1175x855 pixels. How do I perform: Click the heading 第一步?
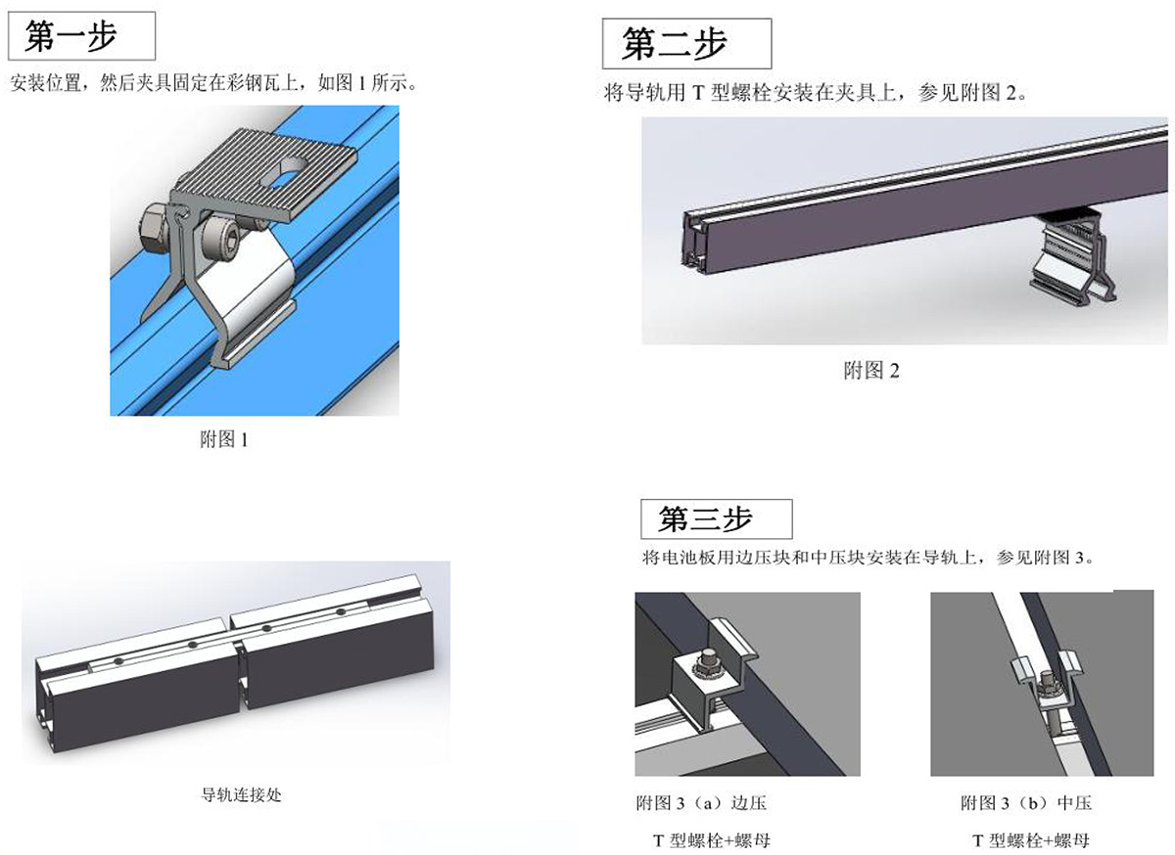click(x=70, y=36)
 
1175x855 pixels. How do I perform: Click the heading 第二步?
click(x=675, y=43)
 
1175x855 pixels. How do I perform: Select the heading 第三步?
click(x=706, y=519)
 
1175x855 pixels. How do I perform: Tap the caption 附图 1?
click(x=224, y=439)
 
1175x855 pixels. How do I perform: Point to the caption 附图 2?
click(x=871, y=371)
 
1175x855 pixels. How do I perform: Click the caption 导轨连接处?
click(x=242, y=794)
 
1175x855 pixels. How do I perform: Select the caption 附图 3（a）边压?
click(x=701, y=803)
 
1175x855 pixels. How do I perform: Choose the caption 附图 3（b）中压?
click(x=1026, y=803)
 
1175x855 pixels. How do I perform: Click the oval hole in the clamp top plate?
click(x=284, y=171)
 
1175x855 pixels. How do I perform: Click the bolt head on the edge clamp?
click(x=709, y=659)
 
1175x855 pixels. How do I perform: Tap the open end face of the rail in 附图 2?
click(x=696, y=243)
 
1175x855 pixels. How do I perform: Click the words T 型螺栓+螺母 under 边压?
click(x=711, y=841)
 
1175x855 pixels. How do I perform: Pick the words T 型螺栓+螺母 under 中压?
click(x=1031, y=841)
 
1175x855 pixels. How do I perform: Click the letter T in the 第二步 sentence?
click(x=697, y=93)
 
